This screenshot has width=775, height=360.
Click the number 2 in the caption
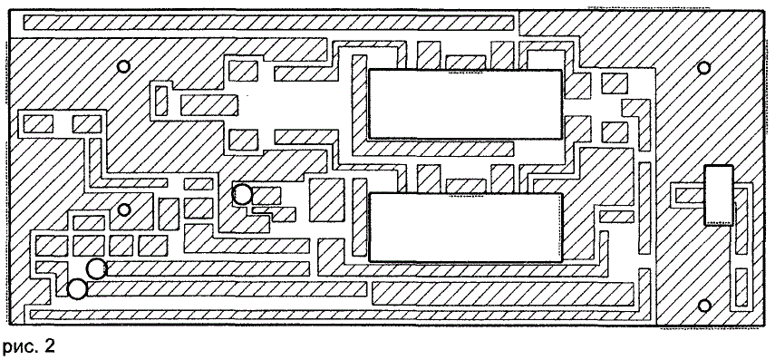(49, 346)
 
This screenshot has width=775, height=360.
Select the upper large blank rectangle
(465, 104)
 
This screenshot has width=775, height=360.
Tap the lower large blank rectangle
(466, 227)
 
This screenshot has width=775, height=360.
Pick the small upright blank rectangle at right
(718, 195)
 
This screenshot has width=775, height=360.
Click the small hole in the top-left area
(123, 66)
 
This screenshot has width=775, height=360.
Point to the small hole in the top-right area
(703, 67)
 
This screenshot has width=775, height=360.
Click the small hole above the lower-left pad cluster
(124, 209)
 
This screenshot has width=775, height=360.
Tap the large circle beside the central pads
(242, 194)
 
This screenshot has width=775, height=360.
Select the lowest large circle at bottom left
(77, 289)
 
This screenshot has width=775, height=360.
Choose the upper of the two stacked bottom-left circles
(96, 269)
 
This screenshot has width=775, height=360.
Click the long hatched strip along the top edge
(269, 23)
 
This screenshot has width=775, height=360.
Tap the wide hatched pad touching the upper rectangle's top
(465, 63)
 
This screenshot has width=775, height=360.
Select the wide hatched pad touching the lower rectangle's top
(466, 186)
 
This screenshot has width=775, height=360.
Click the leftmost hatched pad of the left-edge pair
(38, 123)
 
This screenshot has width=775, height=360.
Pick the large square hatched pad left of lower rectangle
(326, 199)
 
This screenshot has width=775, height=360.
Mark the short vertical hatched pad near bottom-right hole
(741, 287)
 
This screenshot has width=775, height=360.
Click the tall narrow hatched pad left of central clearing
(161, 101)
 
